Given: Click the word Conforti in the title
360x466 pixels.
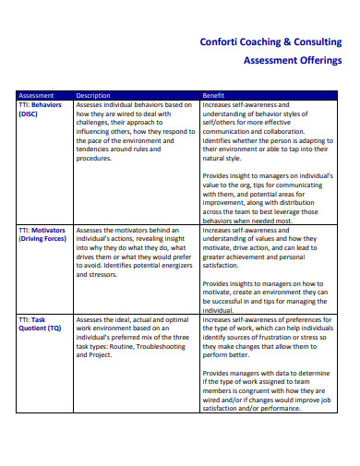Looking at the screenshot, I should (221, 42).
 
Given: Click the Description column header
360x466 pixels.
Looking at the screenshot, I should (92, 95).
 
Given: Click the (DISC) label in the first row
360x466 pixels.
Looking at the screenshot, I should (30, 114).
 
